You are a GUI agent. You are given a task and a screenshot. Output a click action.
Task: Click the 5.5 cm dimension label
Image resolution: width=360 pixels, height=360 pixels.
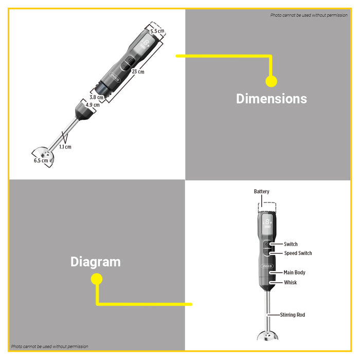157,31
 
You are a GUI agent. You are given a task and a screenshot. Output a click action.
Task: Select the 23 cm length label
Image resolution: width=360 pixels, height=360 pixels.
138,71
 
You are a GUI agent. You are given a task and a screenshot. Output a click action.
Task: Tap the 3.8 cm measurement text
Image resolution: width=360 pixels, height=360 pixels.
97,97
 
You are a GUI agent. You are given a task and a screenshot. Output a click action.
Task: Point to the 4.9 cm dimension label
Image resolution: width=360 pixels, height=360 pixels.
93,105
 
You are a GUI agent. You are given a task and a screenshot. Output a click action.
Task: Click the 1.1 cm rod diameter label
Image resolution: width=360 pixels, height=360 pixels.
65,147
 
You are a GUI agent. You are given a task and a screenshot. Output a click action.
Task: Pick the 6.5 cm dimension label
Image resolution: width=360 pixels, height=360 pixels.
41,160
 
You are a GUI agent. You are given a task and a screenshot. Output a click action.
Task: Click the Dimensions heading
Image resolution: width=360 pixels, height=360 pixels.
272,99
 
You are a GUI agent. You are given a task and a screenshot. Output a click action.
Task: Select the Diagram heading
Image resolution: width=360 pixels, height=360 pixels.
96,262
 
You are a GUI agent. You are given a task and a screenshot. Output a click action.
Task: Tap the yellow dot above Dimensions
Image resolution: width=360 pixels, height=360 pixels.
271,81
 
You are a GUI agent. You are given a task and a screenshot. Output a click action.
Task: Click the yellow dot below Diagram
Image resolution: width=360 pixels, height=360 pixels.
97,279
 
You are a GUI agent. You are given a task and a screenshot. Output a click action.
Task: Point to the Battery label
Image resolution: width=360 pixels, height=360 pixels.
261,191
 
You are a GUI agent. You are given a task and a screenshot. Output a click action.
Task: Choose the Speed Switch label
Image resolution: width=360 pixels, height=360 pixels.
298,253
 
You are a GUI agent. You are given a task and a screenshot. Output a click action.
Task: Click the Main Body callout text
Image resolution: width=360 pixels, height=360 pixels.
294,273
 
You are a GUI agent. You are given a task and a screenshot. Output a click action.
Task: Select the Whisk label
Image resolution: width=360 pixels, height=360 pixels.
291,282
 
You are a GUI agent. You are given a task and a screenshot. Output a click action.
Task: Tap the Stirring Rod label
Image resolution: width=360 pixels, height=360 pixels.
293,315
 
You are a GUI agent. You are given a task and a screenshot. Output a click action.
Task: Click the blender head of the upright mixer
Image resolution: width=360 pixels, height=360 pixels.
268,336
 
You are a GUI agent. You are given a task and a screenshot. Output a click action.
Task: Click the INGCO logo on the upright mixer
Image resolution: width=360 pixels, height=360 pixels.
267,266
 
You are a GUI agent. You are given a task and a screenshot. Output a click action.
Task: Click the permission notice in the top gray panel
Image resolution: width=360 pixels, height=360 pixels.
309,15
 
